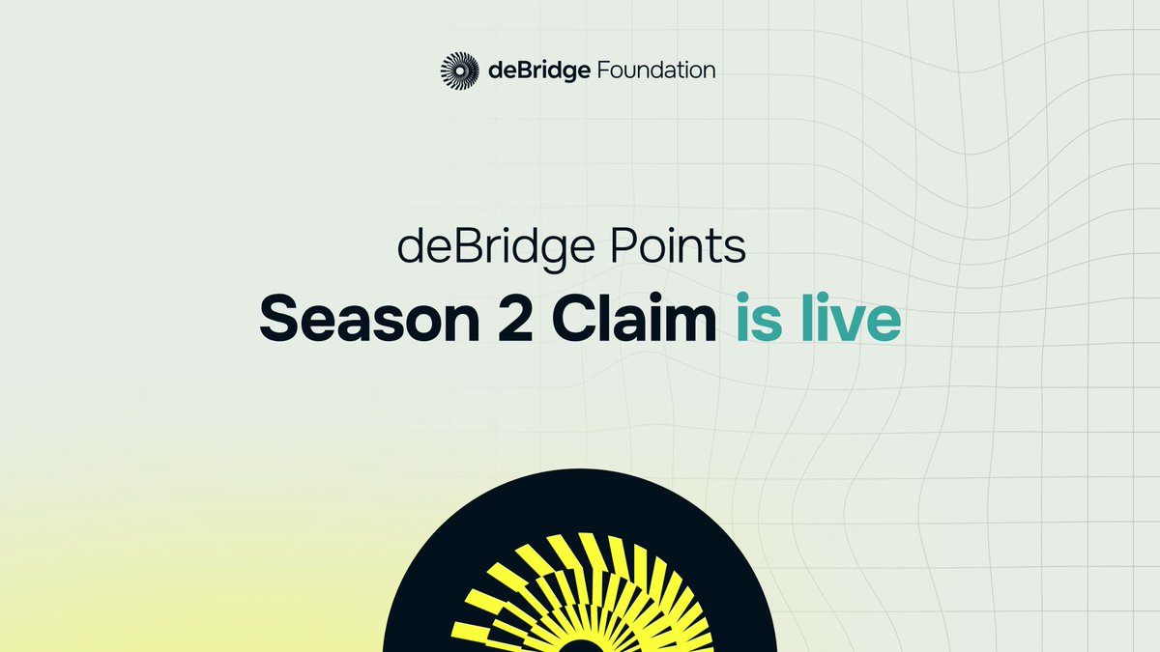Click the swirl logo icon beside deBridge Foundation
click(x=459, y=71)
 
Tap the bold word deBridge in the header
click(x=537, y=71)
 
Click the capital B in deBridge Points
click(x=451, y=248)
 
